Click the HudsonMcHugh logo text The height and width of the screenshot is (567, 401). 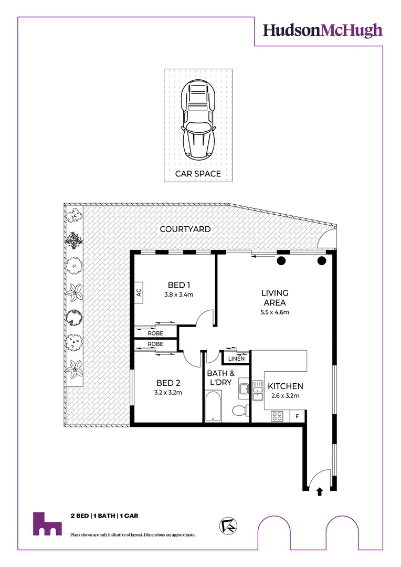coord(323,30)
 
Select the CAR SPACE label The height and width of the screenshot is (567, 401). coord(198,173)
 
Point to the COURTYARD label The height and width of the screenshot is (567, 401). coord(185,229)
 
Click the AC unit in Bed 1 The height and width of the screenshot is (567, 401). coord(139,293)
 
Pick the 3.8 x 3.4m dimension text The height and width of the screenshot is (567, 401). coord(178,295)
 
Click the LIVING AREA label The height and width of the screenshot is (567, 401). coord(275,298)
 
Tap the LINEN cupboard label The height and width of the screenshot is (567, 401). coord(236,359)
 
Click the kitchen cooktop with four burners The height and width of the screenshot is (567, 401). coord(278,416)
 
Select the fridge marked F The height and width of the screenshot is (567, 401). coord(298,416)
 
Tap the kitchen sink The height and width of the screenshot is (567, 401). coord(257,390)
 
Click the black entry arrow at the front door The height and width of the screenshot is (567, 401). coord(320,491)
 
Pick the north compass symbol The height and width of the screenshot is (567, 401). coord(227,525)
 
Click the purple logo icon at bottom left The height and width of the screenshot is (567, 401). coord(46,524)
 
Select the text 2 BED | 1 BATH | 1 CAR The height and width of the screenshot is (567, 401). coord(104,516)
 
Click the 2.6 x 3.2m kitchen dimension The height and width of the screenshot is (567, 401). coord(285,396)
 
